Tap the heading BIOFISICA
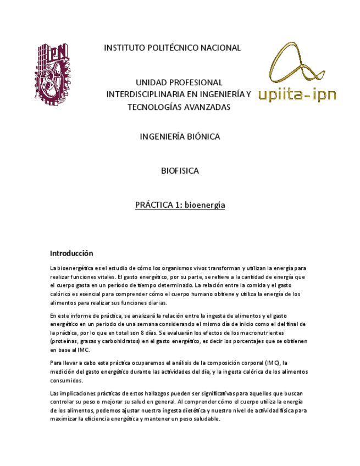click(180, 171)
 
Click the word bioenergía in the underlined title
click(204, 206)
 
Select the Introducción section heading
click(71, 253)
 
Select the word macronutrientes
click(280, 333)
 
